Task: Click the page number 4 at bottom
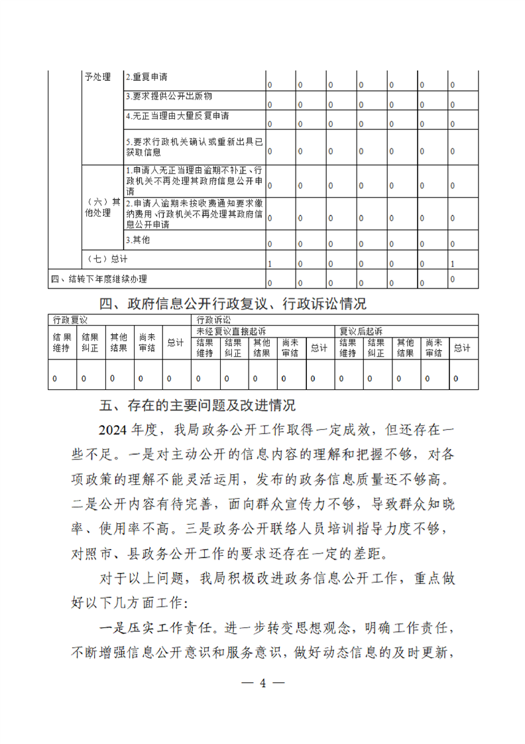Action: tap(263, 683)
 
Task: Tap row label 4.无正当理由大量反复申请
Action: tap(177, 116)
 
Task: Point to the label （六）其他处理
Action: tap(102, 208)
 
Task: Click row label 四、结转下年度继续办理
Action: tap(99, 279)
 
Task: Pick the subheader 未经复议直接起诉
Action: tap(231, 330)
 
